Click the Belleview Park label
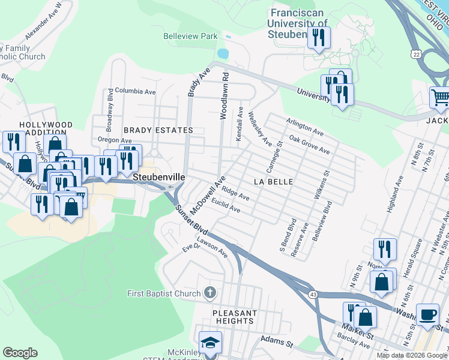[x=190, y=36]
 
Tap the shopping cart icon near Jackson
[x=441, y=97]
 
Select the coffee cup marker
[x=427, y=315]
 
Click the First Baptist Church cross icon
[x=209, y=293]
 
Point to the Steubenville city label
[x=158, y=178]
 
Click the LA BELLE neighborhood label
[x=273, y=181]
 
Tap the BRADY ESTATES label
[x=158, y=130]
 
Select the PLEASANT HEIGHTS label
[x=235, y=317]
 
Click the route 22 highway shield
[x=415, y=54]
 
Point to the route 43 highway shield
[x=313, y=293]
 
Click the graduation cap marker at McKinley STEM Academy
[x=210, y=343]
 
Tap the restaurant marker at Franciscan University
[x=318, y=38]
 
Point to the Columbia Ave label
[x=136, y=92]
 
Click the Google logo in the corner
[x=19, y=353]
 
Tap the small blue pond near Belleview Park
[x=223, y=53]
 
